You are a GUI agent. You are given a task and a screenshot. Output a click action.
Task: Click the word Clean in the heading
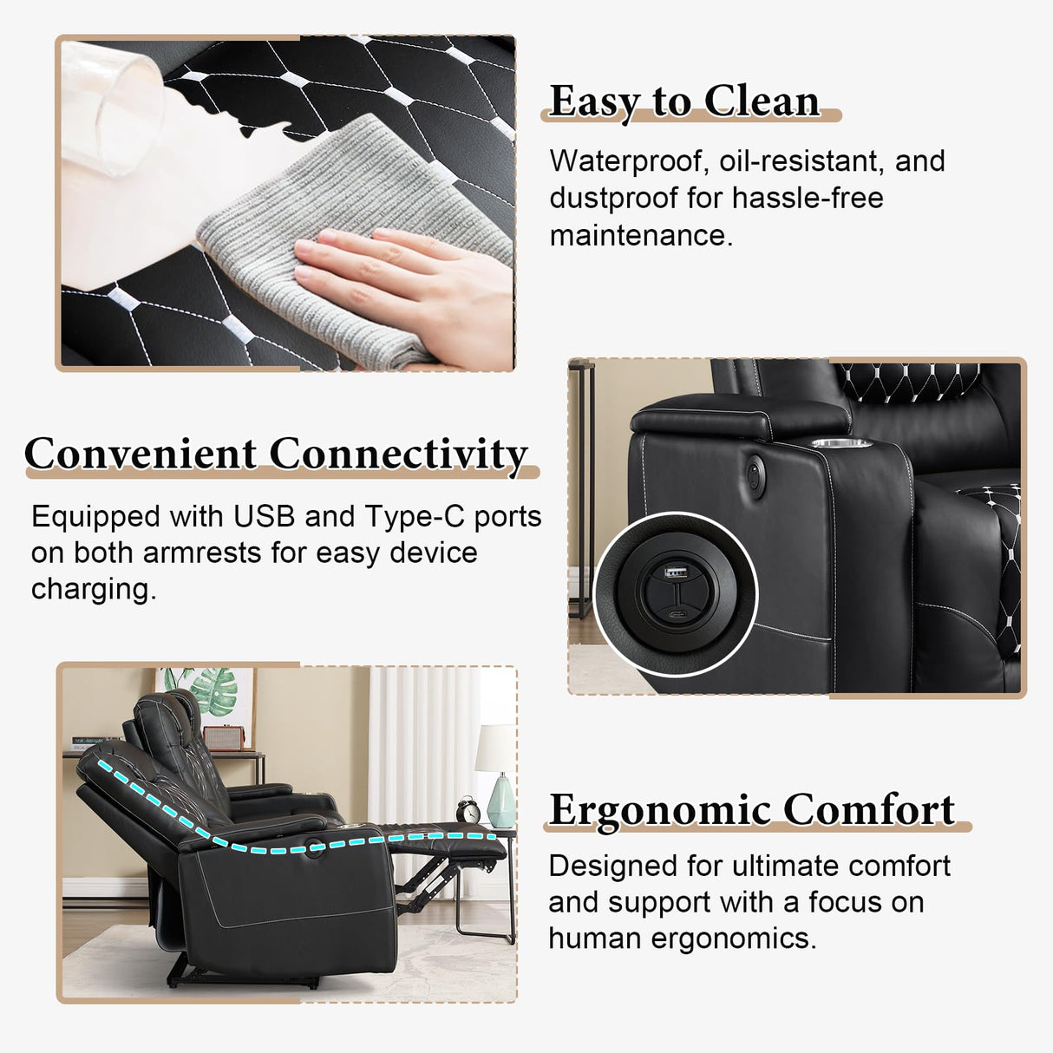tap(762, 101)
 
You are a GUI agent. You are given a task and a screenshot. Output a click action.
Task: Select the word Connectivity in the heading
tap(399, 455)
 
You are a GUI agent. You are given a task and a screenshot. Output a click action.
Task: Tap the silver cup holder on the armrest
tap(841, 443)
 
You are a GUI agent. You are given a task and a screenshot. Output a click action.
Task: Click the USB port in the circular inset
tap(671, 572)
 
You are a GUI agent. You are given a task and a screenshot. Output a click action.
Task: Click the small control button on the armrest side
tap(755, 474)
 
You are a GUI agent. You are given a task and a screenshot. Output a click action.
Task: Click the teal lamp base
tap(500, 801)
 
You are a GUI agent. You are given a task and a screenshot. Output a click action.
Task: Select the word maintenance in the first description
tap(641, 236)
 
